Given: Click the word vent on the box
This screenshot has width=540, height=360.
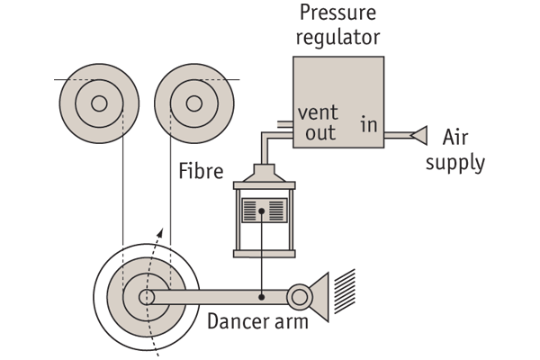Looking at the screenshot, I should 318,113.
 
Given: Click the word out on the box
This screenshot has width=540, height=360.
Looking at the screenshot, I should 319,133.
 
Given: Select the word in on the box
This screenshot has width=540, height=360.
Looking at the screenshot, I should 369,124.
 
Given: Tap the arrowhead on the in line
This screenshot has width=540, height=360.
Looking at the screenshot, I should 418,136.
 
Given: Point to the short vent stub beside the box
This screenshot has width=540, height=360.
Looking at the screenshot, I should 280,125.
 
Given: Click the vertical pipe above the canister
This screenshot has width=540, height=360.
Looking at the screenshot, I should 265,151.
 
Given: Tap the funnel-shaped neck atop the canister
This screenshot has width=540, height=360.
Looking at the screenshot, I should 264,171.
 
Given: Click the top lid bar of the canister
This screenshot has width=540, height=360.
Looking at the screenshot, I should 264,184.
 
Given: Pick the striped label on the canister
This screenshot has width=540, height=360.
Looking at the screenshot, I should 264,211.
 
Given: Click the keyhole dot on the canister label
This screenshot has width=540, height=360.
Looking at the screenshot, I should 263,212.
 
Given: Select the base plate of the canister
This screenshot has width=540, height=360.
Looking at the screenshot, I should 264,254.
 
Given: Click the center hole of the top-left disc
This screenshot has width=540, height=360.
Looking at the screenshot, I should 99,103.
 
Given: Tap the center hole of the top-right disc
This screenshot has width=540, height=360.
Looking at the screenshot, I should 194,103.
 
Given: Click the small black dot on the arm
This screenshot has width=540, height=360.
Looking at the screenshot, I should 262,294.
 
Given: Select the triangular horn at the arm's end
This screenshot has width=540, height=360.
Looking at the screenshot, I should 319,296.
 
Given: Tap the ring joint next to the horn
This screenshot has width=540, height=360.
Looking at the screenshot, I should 299,295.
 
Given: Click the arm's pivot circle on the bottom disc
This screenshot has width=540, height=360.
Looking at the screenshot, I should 146,297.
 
